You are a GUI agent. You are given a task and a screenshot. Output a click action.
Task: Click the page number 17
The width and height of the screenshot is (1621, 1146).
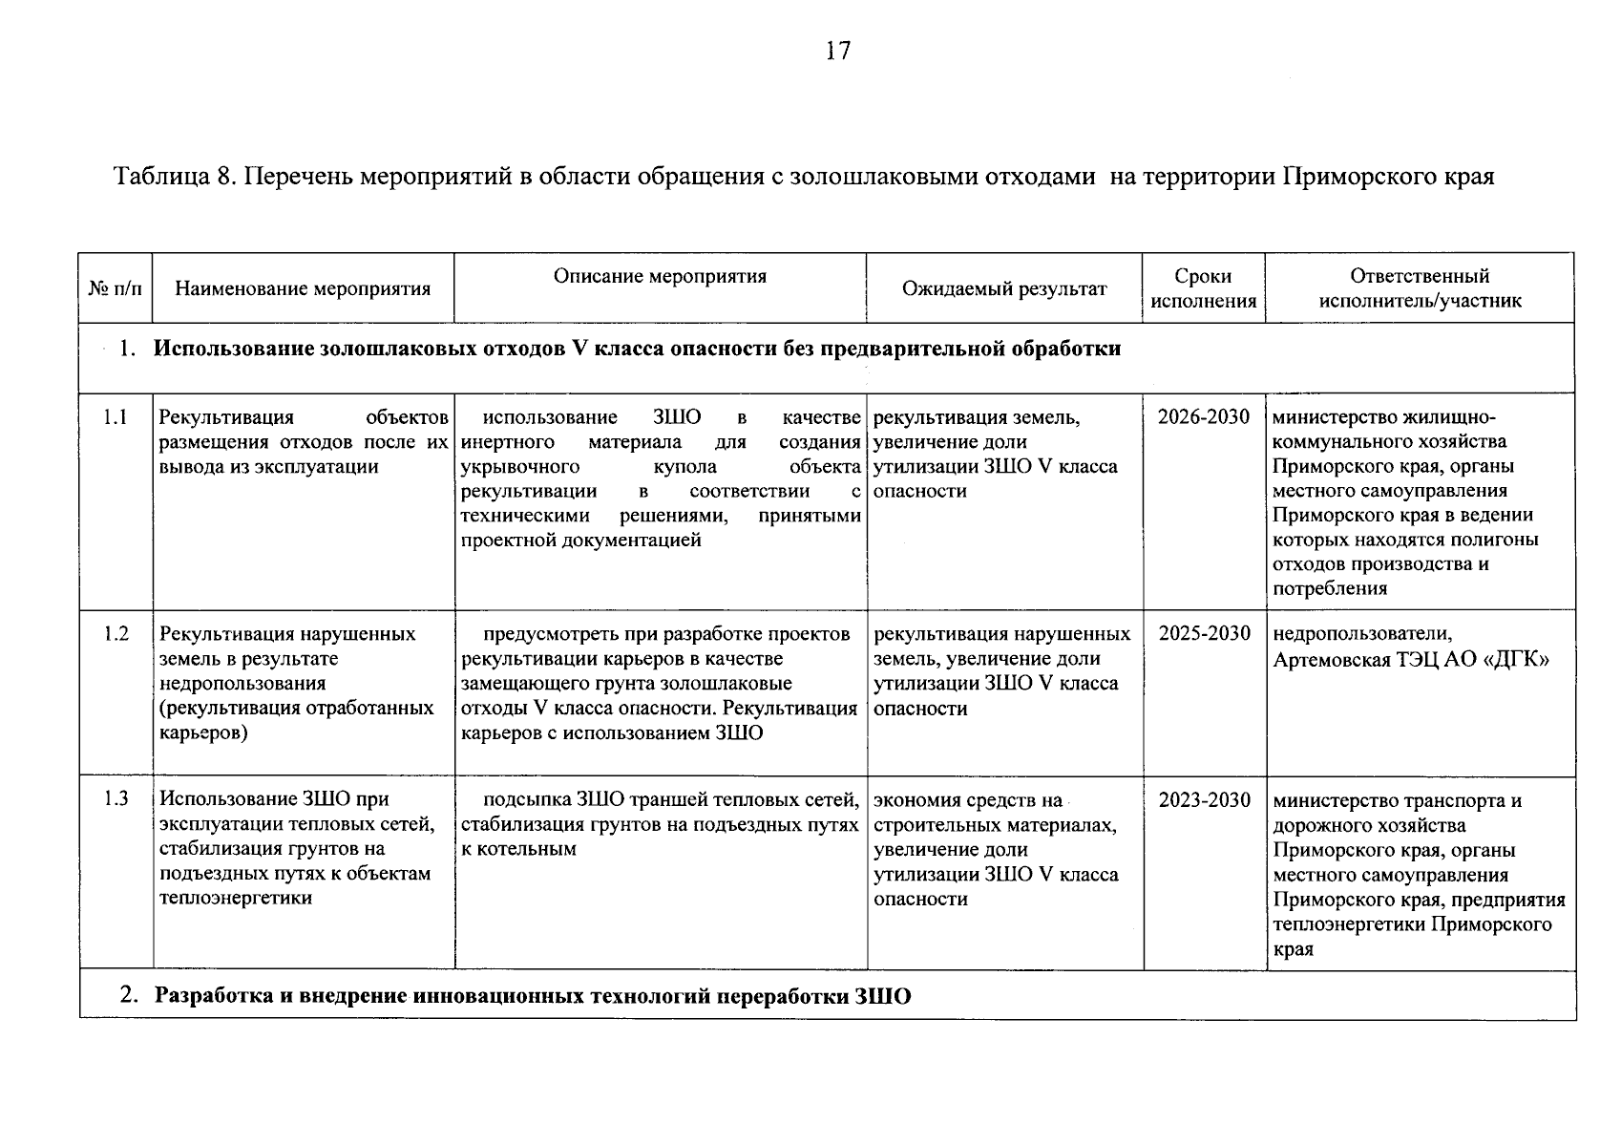tap(837, 52)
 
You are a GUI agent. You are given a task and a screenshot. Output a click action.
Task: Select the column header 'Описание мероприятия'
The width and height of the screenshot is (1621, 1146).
tap(660, 277)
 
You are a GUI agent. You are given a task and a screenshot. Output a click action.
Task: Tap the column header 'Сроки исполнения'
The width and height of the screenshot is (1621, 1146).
tap(1203, 288)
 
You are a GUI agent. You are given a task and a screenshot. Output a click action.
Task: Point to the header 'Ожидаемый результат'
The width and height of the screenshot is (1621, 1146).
tap(1004, 288)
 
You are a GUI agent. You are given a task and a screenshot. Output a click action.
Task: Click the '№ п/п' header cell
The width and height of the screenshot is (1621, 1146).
tap(115, 288)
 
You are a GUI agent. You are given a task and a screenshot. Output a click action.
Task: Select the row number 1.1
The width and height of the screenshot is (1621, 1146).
tap(116, 417)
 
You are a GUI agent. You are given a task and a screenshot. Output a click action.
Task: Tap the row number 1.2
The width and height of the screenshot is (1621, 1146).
tap(116, 634)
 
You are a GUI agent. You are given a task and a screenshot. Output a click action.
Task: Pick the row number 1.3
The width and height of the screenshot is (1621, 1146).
tap(116, 799)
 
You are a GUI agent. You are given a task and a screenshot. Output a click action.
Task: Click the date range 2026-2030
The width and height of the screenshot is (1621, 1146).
tap(1204, 417)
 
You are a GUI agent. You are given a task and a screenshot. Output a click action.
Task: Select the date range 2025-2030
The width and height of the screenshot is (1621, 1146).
tap(1204, 634)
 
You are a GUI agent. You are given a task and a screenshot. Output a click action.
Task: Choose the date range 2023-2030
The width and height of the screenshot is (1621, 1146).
tap(1204, 800)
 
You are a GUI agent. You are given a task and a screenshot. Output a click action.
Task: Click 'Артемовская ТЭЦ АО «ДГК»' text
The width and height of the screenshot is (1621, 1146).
tap(1410, 660)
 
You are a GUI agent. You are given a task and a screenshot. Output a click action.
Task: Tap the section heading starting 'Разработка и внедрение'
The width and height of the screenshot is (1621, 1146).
tap(533, 997)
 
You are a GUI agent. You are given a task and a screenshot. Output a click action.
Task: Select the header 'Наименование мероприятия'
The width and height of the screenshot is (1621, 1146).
tap(304, 288)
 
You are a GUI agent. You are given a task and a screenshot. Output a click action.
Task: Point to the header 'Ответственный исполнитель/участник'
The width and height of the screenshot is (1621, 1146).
tap(1420, 288)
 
